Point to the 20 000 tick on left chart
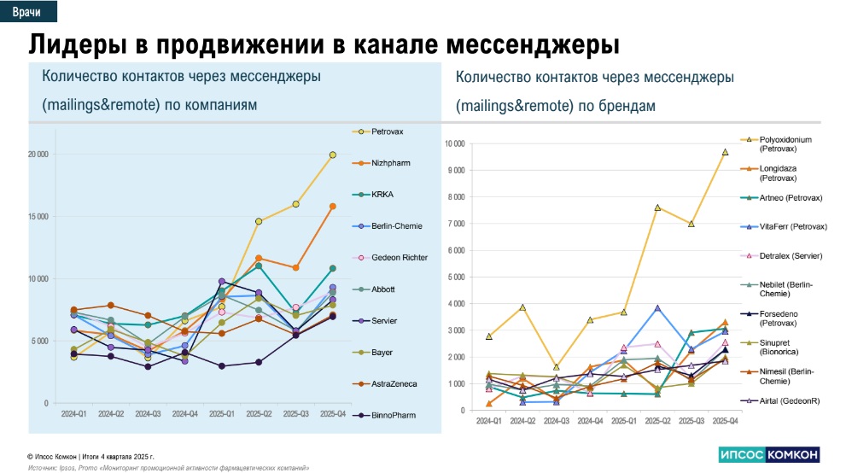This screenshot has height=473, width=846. point(37,155)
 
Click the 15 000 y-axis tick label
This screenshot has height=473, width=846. point(37,217)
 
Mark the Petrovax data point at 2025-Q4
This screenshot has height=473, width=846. point(332,155)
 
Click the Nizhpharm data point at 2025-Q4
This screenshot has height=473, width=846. point(332,207)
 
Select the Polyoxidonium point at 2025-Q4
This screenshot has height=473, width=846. point(724,152)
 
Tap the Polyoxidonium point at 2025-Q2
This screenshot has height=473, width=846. point(657,207)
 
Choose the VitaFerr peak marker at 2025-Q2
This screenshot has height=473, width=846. point(657,308)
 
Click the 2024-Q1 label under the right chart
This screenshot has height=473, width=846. point(489,421)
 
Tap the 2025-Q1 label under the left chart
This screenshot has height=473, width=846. point(221,414)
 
